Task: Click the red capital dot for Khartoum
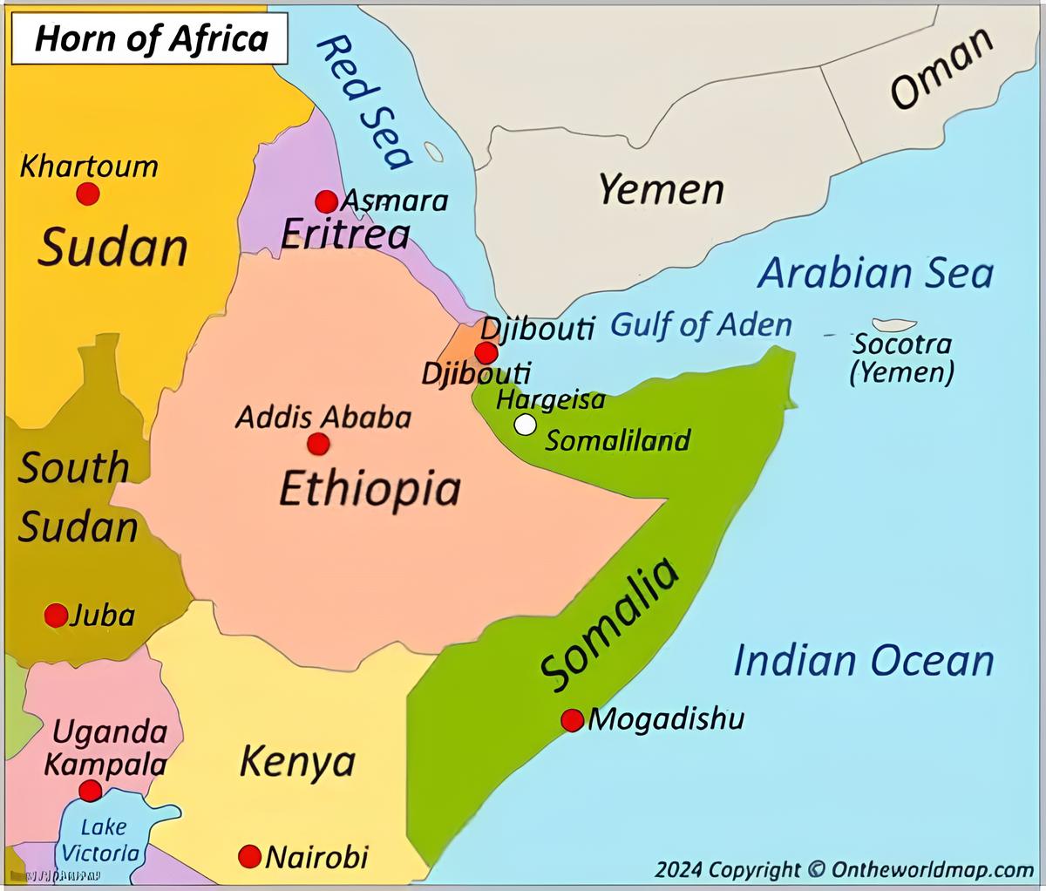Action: pos(87,193)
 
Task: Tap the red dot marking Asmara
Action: pos(326,201)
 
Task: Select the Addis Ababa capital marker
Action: pos(318,444)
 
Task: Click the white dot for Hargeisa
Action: pos(525,425)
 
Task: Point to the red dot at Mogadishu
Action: pos(572,720)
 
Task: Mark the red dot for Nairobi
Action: pos(250,856)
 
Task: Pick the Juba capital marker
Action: pos(56,616)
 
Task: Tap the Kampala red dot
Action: pos(90,791)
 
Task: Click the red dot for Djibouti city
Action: pos(486,353)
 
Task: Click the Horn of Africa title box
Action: pos(151,40)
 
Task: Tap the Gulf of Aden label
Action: pos(701,325)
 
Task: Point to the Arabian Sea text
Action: pos(874,273)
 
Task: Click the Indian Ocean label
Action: pos(863,660)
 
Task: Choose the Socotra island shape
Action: pos(893,325)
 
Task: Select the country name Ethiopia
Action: pos(370,488)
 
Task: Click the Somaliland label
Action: pos(617,440)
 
